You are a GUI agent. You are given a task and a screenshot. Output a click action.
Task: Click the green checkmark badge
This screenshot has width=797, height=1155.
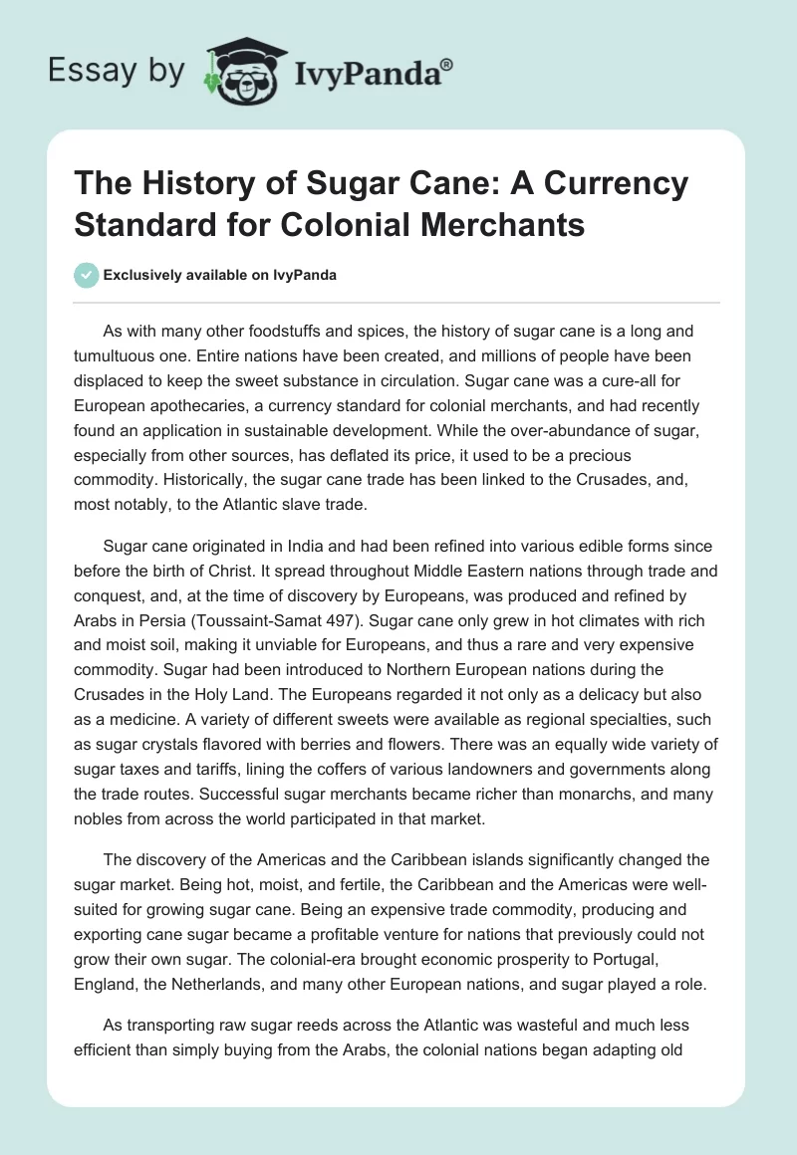click(87, 275)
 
